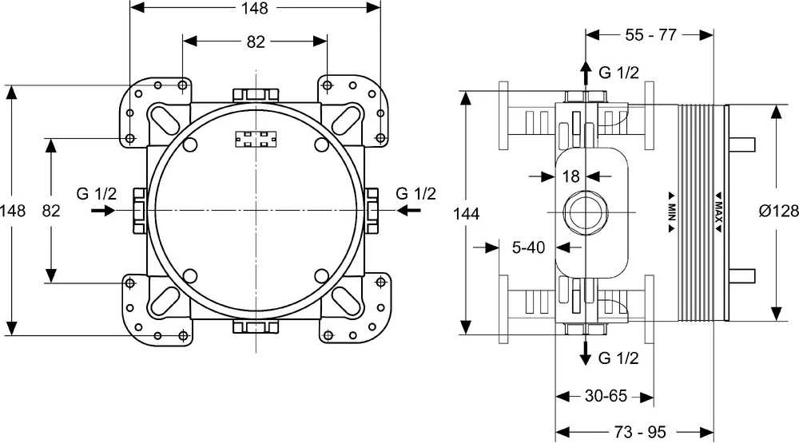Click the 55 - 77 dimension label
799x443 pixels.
click(x=650, y=34)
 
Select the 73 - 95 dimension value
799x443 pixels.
click(x=640, y=433)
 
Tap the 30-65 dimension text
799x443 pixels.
click(x=606, y=396)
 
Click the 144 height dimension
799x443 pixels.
click(x=467, y=213)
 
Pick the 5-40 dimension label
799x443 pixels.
click(x=528, y=247)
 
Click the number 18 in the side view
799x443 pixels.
click(x=570, y=176)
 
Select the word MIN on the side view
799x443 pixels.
click(x=672, y=212)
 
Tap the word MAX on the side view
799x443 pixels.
click(x=718, y=212)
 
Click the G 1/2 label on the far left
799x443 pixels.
click(x=97, y=193)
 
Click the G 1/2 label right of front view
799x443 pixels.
click(x=415, y=193)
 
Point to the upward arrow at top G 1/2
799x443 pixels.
click(x=586, y=73)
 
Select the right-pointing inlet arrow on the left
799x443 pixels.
click(x=103, y=210)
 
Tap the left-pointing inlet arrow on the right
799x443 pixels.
click(x=408, y=210)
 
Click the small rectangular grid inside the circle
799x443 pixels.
click(x=256, y=139)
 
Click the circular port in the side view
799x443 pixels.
click(x=586, y=212)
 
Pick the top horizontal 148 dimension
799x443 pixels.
click(x=255, y=7)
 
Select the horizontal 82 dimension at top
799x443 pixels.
click(x=256, y=42)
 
